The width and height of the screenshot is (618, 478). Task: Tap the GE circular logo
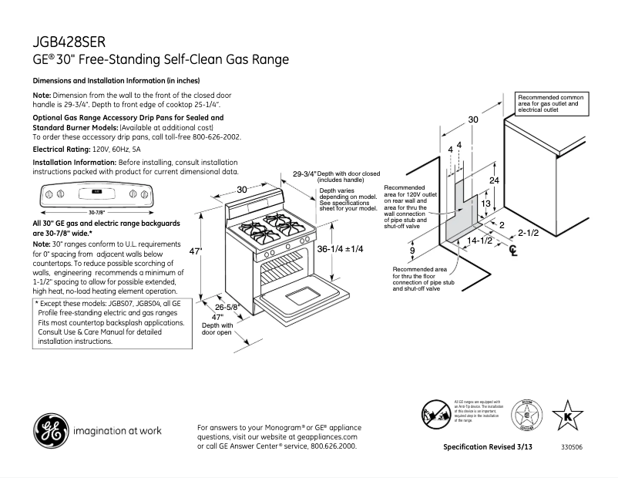50,430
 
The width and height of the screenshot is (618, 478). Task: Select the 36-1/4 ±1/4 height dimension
340,249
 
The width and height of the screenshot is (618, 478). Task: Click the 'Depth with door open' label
217,329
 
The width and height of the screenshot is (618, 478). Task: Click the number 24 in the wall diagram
495,180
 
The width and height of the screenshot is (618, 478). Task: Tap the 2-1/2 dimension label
528,232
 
